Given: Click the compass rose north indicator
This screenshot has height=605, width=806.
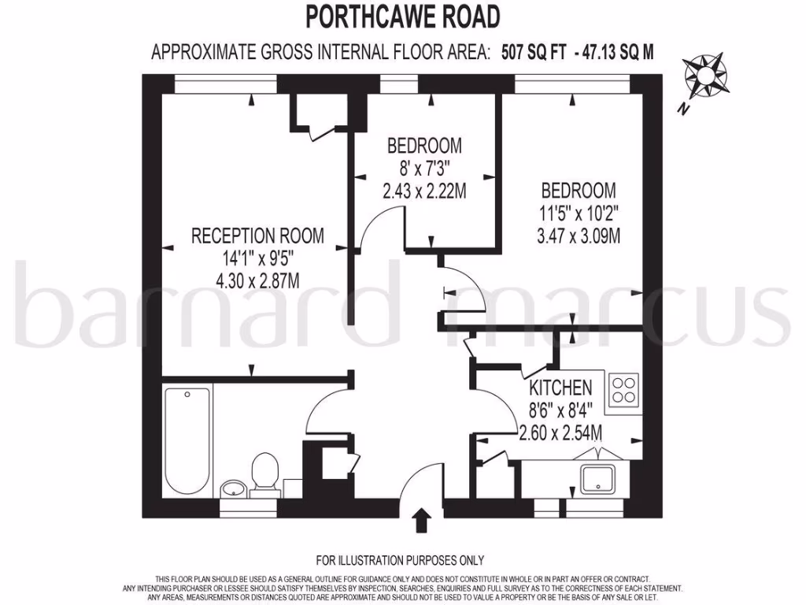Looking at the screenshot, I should point(705,81).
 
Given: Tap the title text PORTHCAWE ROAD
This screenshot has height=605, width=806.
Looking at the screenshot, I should point(402,16).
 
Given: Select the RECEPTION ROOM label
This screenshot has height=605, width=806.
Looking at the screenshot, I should point(257,235).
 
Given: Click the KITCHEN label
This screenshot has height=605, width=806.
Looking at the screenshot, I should point(560,388).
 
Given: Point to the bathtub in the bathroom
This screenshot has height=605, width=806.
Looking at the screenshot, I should point(189,439).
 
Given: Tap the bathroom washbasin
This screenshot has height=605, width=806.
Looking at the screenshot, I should point(233,489).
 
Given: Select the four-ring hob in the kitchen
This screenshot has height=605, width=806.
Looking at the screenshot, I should point(624,388).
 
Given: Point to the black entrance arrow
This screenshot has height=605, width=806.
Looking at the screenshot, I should point(423,521).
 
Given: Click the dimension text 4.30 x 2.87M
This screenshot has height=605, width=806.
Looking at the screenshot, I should point(257,279).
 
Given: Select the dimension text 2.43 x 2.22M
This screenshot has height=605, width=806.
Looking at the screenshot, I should point(424,190).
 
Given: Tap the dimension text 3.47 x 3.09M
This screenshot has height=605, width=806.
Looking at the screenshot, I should point(578,235).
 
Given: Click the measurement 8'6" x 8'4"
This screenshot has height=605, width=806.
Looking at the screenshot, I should point(560,410).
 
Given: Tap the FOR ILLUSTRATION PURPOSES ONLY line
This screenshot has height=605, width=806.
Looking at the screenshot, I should point(400,561).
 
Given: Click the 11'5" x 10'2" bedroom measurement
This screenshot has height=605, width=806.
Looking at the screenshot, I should point(578,213).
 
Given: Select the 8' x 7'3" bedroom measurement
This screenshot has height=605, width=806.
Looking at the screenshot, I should point(424,168).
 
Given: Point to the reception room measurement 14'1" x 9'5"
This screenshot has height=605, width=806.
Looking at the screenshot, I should point(257,257).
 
